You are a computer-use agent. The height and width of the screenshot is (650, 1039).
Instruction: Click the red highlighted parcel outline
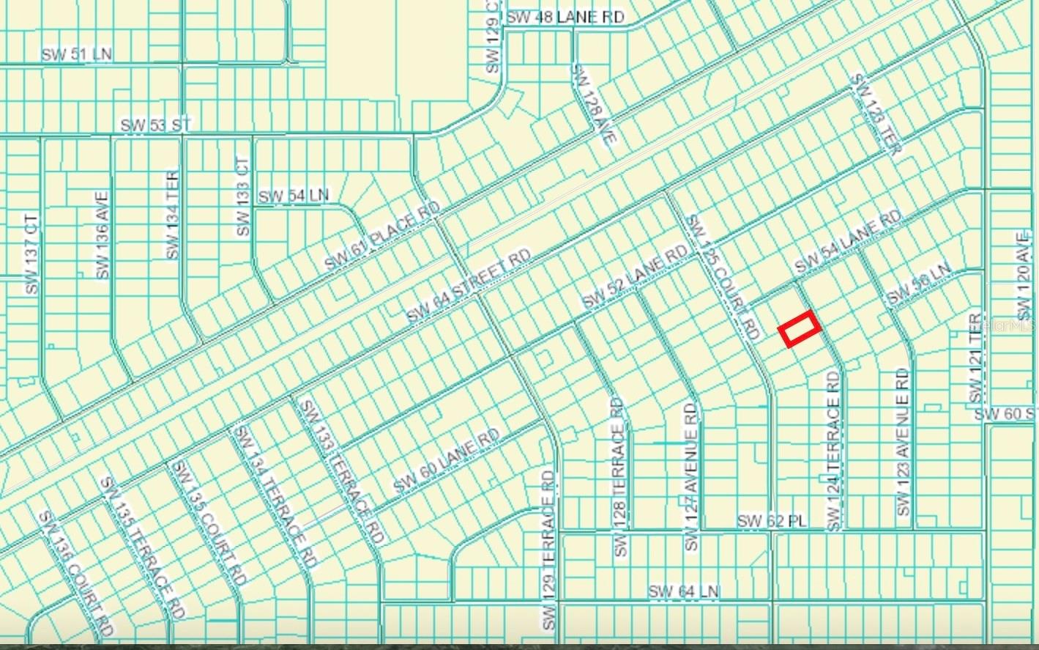pyautogui.click(x=798, y=328)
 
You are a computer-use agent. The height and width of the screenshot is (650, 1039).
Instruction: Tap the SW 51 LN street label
pyautogui.click(x=76, y=54)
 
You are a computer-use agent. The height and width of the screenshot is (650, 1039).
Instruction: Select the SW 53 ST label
pyautogui.click(x=155, y=125)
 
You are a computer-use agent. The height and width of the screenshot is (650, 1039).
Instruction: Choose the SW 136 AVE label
pyautogui.click(x=102, y=234)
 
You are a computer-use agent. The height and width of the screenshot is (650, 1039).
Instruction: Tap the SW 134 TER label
pyautogui.click(x=173, y=215)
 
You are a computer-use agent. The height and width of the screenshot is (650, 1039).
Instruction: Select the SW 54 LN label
pyautogui.click(x=294, y=196)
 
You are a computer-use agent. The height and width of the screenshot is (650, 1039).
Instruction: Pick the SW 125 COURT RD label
pyautogui.click(x=721, y=277)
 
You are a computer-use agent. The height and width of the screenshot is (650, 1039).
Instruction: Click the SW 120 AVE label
pyautogui.click(x=1023, y=274)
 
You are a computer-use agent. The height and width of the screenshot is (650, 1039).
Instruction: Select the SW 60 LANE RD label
pyautogui.click(x=446, y=460)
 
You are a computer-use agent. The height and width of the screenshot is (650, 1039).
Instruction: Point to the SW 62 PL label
pyautogui.click(x=771, y=520)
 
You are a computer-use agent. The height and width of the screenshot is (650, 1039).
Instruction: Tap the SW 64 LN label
pyautogui.click(x=684, y=591)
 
